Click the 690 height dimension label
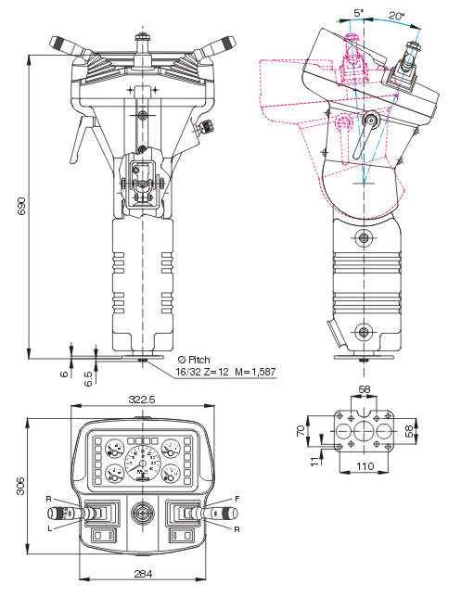(x=21, y=206)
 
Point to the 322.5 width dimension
(x=142, y=400)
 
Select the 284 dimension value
(x=143, y=574)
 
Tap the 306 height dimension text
(x=21, y=486)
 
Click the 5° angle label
(x=359, y=13)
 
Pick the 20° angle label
(x=397, y=16)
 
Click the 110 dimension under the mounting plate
(x=365, y=466)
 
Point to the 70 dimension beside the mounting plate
(x=301, y=431)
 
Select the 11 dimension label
(x=314, y=461)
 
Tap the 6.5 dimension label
(x=88, y=379)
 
